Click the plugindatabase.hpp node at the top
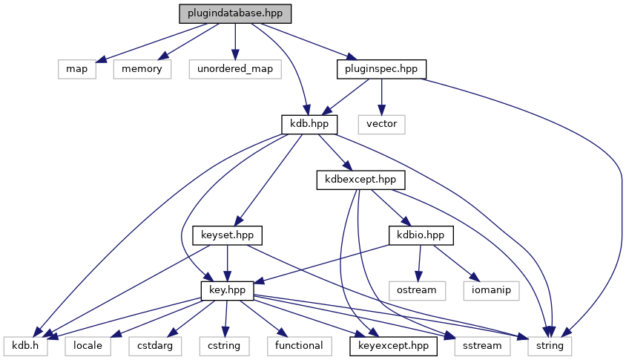click(x=235, y=14)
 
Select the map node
click(x=76, y=69)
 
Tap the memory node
click(x=142, y=69)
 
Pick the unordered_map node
click(x=235, y=69)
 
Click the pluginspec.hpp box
click(x=382, y=69)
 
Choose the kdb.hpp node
click(x=310, y=124)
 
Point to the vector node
click(x=382, y=124)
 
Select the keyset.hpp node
click(x=228, y=235)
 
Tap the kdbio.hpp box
click(x=421, y=235)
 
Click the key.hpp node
click(x=228, y=289)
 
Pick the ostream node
click(x=417, y=289)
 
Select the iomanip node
click(x=492, y=289)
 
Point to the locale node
click(x=87, y=345)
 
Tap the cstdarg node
click(x=153, y=345)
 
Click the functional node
click(x=299, y=345)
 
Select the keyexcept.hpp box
click(x=393, y=345)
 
